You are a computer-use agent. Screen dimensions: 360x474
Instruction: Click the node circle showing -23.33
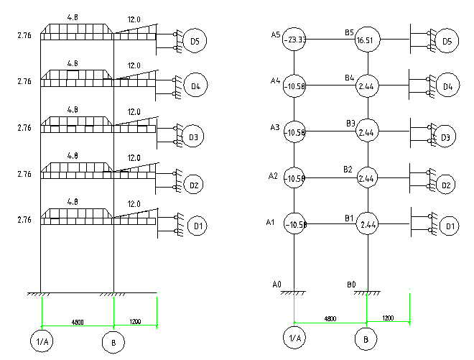[x=294, y=41]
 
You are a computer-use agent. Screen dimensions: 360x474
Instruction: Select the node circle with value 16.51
[x=366, y=41]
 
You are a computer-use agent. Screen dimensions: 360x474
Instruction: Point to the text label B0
[x=351, y=285]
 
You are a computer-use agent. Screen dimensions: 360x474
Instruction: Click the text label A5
[x=275, y=34]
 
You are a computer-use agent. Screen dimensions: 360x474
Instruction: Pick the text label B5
[x=349, y=32]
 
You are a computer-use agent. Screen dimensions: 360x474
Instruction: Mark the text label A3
[x=274, y=127]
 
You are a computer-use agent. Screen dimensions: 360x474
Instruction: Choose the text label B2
[x=348, y=170]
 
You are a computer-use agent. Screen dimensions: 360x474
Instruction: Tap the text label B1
[x=349, y=218]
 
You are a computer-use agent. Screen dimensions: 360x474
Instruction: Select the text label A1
[x=271, y=223]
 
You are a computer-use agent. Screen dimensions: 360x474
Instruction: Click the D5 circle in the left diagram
[x=194, y=41]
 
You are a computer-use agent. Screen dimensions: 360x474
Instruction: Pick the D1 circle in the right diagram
[x=450, y=227]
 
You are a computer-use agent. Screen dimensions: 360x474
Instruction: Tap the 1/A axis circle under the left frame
[x=41, y=343]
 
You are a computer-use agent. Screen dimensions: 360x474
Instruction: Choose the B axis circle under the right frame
[x=366, y=338]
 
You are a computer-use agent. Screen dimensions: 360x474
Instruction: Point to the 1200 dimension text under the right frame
[x=387, y=317]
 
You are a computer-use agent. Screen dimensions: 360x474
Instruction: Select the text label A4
[x=274, y=80]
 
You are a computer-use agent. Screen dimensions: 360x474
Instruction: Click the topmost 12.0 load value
[x=134, y=20]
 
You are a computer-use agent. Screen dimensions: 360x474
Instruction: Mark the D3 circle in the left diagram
[x=192, y=136]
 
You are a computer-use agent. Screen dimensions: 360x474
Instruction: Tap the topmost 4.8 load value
[x=73, y=17]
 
